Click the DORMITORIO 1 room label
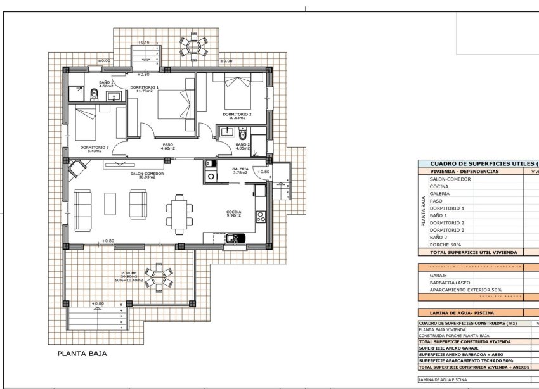coord(144,88)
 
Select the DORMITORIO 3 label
coord(94,149)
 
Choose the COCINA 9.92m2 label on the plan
coord(235,214)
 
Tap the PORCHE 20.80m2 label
coord(129,276)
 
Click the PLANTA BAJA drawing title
coord(82,354)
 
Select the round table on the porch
coord(158,277)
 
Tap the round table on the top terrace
coord(193,46)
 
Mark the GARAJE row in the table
coord(438,276)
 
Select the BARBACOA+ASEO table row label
coord(450,283)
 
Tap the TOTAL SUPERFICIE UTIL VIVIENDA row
coord(473,252)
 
